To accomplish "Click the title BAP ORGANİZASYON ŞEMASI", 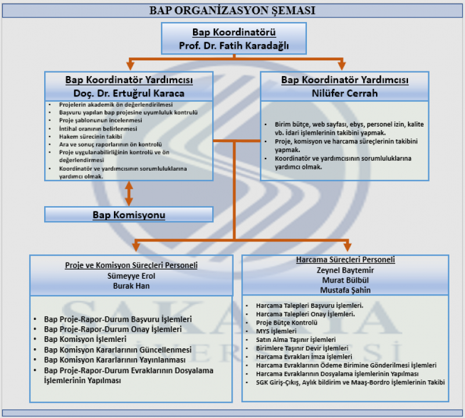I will [x=233, y=10].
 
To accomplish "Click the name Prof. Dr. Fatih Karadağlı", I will [x=234, y=45].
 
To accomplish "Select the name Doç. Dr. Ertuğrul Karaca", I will [x=129, y=93].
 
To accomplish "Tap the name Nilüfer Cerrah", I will [x=345, y=93].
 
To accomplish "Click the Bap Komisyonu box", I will [x=129, y=215].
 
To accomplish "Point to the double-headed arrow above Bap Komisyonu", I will [x=129, y=193].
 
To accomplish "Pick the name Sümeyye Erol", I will [x=131, y=276].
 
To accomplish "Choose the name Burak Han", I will [x=131, y=286].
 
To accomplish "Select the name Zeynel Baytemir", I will [x=345, y=270].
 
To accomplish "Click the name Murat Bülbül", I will [x=345, y=280].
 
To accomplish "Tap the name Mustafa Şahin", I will [x=345, y=290].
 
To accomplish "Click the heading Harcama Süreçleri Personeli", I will [x=345, y=260].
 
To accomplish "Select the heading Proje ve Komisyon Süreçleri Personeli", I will [x=131, y=265].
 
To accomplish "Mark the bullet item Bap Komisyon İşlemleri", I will [x=85, y=339].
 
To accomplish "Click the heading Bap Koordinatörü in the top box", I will [x=234, y=33].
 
